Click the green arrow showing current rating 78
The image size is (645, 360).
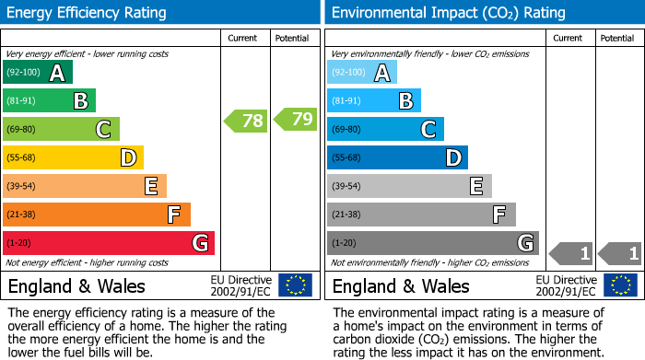pyautogui.click(x=245, y=120)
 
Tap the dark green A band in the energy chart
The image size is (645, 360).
pyautogui.click(x=37, y=73)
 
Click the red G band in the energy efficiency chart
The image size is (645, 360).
pyautogui.click(x=109, y=243)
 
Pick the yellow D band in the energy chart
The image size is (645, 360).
pyautogui.click(x=73, y=157)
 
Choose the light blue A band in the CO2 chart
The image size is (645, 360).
pyautogui.click(x=361, y=73)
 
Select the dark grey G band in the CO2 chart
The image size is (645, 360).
pyautogui.click(x=432, y=243)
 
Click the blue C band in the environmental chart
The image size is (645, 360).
pyautogui.click(x=385, y=130)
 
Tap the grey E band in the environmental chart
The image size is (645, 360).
pyautogui.click(x=409, y=186)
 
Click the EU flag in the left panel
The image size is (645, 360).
pyautogui.click(x=295, y=285)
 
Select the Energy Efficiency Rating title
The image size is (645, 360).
pyautogui.click(x=88, y=13)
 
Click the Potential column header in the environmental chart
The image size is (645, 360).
pyautogui.click(x=616, y=38)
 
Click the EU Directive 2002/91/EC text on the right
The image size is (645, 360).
pyautogui.click(x=566, y=285)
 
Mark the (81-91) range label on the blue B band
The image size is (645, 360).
pyautogui.click(x=346, y=101)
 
